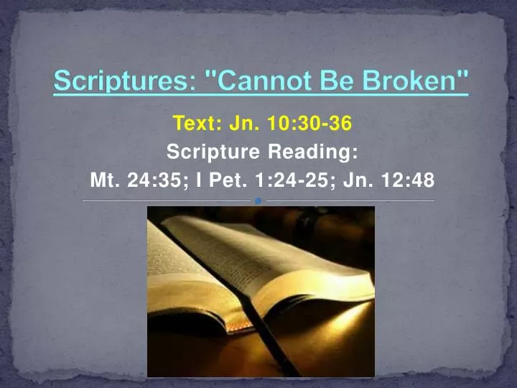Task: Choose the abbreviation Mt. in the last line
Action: pos(105,180)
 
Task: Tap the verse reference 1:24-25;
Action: pos(294,180)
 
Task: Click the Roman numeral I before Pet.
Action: pos(198,180)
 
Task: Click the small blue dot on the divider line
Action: pos(258,200)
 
